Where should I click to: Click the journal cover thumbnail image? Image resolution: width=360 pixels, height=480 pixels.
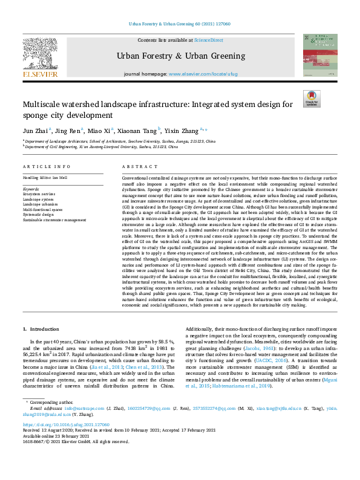320,55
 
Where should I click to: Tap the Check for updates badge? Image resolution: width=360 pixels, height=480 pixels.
312,99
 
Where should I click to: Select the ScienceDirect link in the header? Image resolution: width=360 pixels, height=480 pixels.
208,39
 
